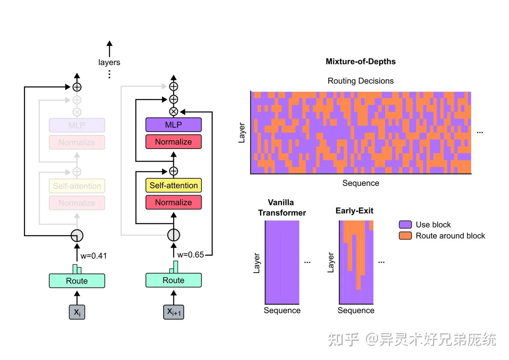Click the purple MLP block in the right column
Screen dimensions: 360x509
coord(174,125)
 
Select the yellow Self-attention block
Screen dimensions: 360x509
coord(174,185)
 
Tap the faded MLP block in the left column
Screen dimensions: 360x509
coord(77,126)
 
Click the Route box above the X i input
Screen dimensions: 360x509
coord(77,281)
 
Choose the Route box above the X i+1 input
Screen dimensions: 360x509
coord(174,280)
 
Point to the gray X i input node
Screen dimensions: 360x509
coord(77,312)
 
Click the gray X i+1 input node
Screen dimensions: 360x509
coord(174,312)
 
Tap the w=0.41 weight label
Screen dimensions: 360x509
coord(93,256)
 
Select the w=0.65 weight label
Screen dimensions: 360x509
coord(191,255)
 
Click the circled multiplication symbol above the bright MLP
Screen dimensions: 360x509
coord(174,112)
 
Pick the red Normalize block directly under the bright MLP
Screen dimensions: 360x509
coord(174,142)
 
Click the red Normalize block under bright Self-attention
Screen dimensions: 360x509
coord(174,202)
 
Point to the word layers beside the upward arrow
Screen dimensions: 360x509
coord(109,63)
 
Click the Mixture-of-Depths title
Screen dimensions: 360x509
coord(361,62)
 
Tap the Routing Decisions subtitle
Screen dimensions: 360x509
coord(361,81)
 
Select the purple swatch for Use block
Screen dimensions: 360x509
coord(405,225)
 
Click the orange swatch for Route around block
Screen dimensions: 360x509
coord(405,236)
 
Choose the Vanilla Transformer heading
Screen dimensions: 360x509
coord(282,208)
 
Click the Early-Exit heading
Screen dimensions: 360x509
coord(354,211)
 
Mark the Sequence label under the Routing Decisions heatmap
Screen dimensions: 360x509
coord(361,183)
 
